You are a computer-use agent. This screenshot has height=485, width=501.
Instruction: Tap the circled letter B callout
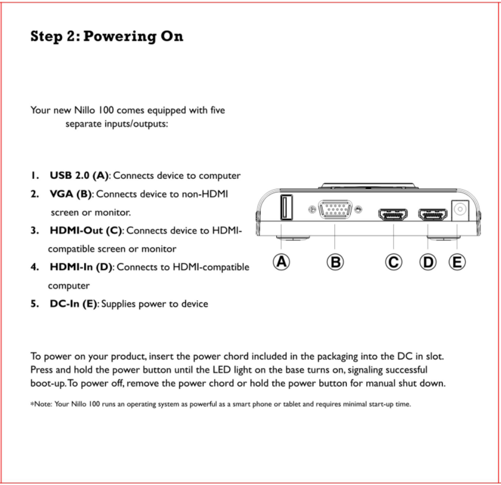point(335,262)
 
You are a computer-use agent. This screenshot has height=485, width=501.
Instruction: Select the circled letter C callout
point(394,262)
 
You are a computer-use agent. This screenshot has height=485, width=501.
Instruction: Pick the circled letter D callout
point(428,262)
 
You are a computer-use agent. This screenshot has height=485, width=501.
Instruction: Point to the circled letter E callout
point(457,262)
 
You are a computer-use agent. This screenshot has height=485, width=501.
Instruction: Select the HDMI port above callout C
point(393,214)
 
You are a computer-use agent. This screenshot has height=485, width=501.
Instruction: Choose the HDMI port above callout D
point(433,214)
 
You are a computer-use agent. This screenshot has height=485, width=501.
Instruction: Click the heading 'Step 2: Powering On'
point(107,37)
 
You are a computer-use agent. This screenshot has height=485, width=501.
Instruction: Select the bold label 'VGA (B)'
point(71,194)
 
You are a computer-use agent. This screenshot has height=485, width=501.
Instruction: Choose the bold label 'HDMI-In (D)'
point(81,267)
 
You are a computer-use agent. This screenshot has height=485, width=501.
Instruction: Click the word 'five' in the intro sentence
point(217,110)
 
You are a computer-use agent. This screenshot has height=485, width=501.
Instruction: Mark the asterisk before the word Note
point(32,403)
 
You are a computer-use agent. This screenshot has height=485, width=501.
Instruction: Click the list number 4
point(34,267)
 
